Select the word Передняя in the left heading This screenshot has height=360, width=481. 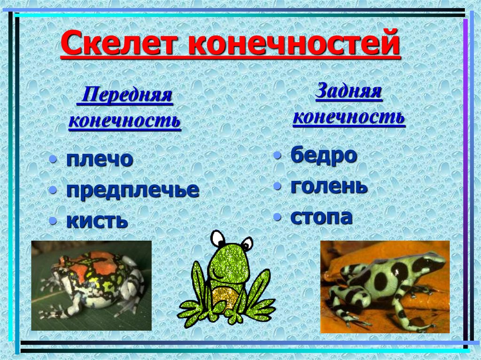[x=126, y=96]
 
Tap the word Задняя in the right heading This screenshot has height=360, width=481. [x=348, y=91]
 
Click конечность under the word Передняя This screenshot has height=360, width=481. [x=124, y=121]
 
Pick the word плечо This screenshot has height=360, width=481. [x=100, y=160]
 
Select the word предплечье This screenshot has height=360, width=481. [x=132, y=190]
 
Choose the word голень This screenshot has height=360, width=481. [x=329, y=186]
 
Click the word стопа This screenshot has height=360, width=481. [x=321, y=217]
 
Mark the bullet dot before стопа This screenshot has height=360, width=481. [x=279, y=218]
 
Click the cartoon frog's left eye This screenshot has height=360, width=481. [x=217, y=239]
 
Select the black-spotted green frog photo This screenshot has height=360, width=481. [x=385, y=286]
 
